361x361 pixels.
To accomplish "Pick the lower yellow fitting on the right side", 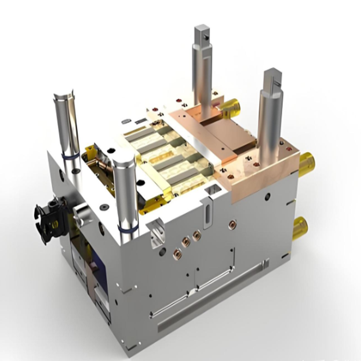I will [x=300, y=227].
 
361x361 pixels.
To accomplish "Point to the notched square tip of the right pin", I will [x=273, y=79].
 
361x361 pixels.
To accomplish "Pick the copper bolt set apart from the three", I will [x=232, y=224].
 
